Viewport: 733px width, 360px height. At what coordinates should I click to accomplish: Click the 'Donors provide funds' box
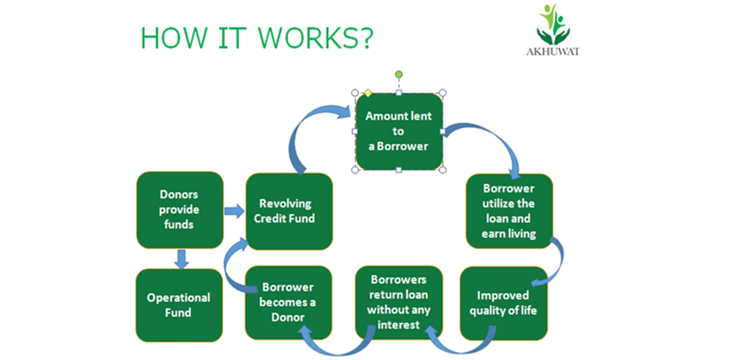180,210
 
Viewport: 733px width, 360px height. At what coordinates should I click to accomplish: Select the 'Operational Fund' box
179,305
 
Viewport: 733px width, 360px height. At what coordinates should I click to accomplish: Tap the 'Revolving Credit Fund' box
289,211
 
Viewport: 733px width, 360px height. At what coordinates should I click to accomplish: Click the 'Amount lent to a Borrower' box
399,131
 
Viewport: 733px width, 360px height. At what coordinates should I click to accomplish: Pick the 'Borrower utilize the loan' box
509,211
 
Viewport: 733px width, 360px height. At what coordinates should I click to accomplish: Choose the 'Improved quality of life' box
503,303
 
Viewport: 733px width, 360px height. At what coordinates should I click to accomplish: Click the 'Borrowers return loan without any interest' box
399,302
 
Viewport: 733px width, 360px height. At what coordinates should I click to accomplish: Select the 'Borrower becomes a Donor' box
288,302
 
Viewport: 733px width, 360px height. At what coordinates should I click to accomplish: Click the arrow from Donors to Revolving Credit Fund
234,211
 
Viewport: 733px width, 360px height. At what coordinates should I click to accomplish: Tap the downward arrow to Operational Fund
181,259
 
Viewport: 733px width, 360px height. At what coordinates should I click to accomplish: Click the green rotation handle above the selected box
399,75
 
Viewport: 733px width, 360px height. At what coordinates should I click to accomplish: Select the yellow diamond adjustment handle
368,93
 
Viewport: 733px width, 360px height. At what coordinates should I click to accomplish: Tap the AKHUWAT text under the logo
553,52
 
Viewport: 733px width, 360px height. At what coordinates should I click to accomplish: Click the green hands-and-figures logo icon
553,25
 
